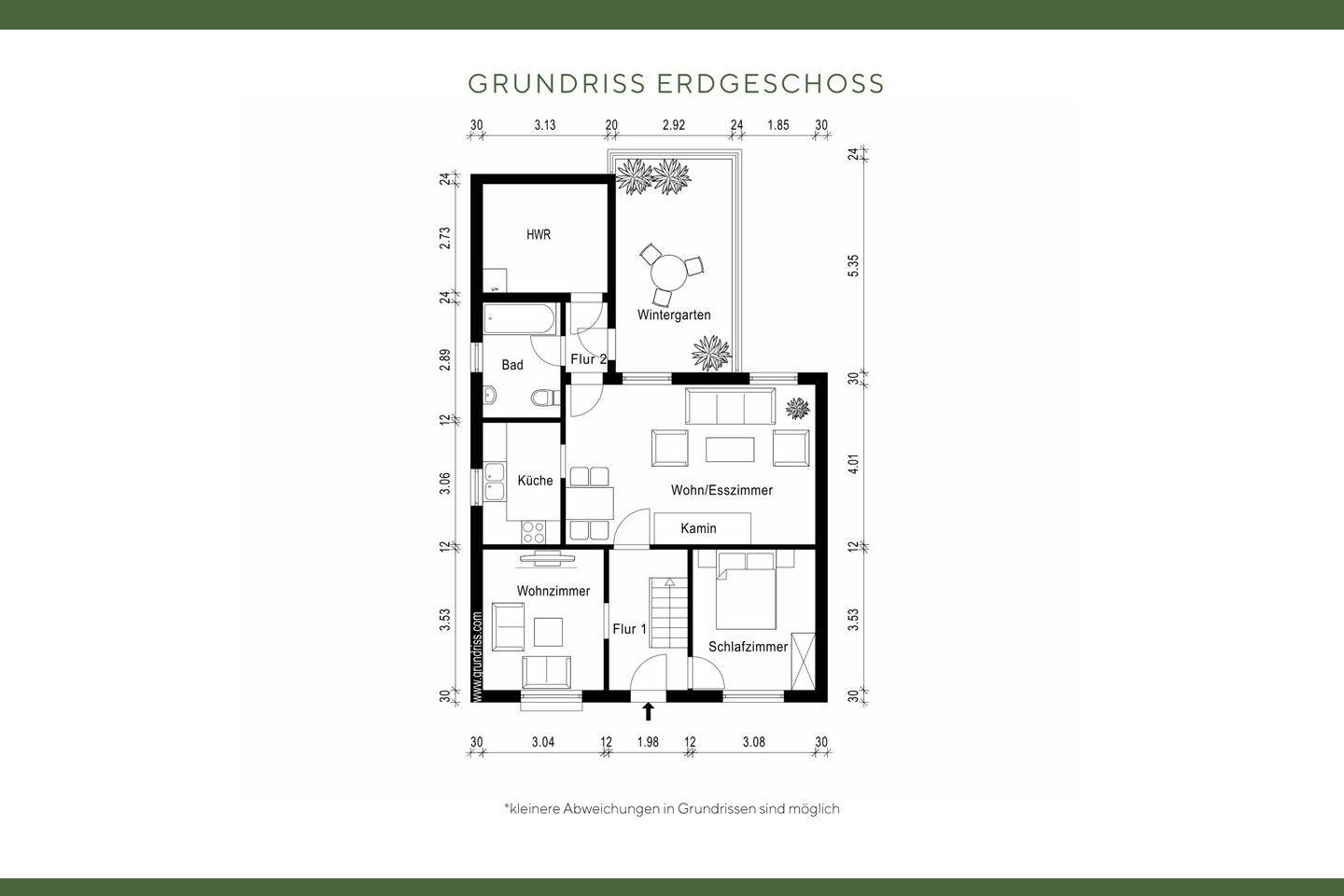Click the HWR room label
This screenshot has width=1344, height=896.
(539, 235)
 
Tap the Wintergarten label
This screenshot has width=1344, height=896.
(674, 315)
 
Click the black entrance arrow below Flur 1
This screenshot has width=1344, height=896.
(648, 712)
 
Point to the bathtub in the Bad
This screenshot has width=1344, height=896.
(521, 321)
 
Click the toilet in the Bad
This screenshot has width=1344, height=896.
(540, 399)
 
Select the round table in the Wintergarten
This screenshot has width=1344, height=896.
(668, 273)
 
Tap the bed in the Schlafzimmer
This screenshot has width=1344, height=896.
(746, 592)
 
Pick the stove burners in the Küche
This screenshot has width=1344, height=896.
(534, 532)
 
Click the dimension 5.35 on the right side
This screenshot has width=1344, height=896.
(852, 265)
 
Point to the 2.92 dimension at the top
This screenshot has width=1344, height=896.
(674, 125)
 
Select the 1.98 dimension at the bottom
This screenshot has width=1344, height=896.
(648, 743)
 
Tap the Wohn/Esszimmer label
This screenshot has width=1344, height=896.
(721, 490)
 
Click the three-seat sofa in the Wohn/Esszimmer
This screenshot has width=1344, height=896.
(730, 407)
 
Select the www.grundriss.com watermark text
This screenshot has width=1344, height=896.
(478, 655)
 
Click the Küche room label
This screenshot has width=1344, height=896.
(535, 481)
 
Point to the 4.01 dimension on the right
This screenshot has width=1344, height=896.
(852, 465)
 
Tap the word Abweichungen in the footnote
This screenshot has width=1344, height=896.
(610, 809)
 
